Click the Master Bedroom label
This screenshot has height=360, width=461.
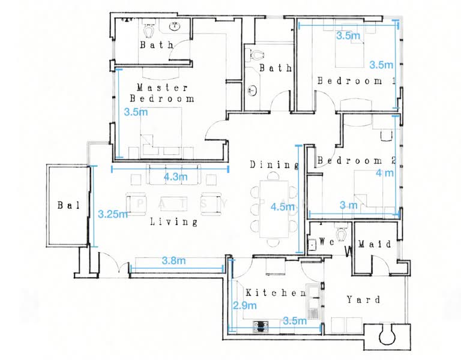pos(162,93)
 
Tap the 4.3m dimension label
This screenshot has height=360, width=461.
pos(175,177)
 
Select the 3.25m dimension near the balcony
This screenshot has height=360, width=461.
pos(113,214)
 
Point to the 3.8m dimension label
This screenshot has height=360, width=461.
pos(173,260)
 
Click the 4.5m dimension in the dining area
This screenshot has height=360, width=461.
pos(283,207)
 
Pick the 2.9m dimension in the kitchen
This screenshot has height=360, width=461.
pos(245,305)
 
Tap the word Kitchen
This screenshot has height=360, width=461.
pos(276,293)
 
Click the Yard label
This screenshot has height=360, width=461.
pos(363,299)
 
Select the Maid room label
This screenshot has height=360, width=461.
pos(375,244)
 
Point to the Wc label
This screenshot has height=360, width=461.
pos(327,242)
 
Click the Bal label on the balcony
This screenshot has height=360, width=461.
pos(68,205)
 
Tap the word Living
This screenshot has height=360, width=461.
pos(173,221)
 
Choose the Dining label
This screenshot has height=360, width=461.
pos(274,165)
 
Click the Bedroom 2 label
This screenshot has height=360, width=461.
pos(357,160)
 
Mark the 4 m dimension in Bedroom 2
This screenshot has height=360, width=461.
pos(385,173)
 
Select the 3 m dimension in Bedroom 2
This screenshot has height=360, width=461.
pos(349,205)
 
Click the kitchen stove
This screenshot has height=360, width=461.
pos(261,326)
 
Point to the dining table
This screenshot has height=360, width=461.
pos(274,209)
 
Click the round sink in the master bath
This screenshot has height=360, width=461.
pos(175,26)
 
